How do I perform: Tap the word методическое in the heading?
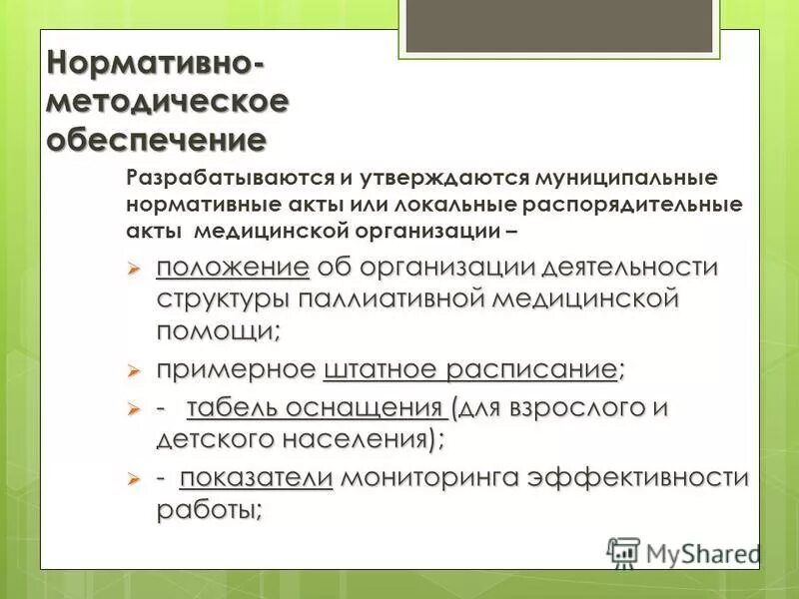click(168, 101)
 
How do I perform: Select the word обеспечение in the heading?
click(158, 138)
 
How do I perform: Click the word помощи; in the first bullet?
click(219, 328)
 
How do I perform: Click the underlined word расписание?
click(531, 369)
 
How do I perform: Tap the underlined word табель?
click(231, 408)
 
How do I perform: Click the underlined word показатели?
click(256, 478)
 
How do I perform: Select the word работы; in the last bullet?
click(210, 509)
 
